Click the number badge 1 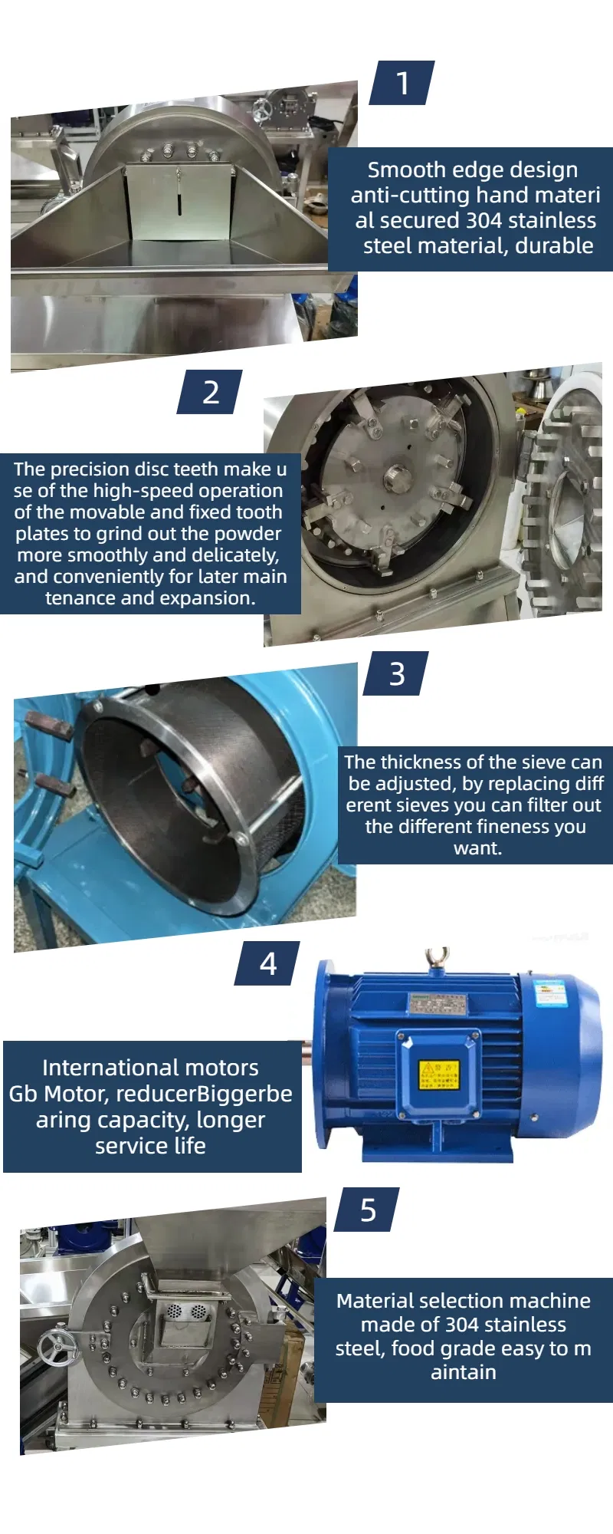point(402,83)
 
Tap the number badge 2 point(210,392)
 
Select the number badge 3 point(396,674)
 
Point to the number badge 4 point(267,963)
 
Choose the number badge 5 point(368,1210)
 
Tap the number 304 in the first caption point(484,220)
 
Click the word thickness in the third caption point(419,762)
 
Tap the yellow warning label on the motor point(438,1075)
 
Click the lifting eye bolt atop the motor point(437,959)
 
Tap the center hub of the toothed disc point(395,476)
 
